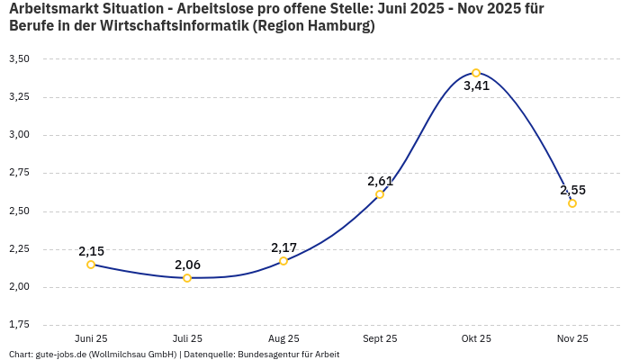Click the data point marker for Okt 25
pyautogui.click(x=476, y=73)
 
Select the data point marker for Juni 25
pyautogui.click(x=91, y=265)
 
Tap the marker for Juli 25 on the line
pyautogui.click(x=187, y=278)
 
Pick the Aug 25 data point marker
pyautogui.click(x=283, y=261)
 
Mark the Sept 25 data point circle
pyautogui.click(x=380, y=194)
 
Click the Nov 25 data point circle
pyautogui.click(x=572, y=203)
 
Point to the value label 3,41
pyautogui.click(x=476, y=86)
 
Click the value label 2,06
pyautogui.click(x=187, y=265)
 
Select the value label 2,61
pyautogui.click(x=380, y=181)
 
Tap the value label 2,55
pyautogui.click(x=572, y=190)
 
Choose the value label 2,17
pyautogui.click(x=283, y=247)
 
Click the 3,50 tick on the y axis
pyautogui.click(x=19, y=58)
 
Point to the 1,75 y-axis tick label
pyautogui.click(x=19, y=324)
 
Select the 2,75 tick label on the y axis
pyautogui.click(x=19, y=173)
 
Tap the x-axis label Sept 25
pyautogui.click(x=380, y=338)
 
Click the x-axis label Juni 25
pyautogui.click(x=91, y=338)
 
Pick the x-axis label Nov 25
pyautogui.click(x=572, y=338)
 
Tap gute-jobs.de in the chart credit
pyautogui.click(x=60, y=355)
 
